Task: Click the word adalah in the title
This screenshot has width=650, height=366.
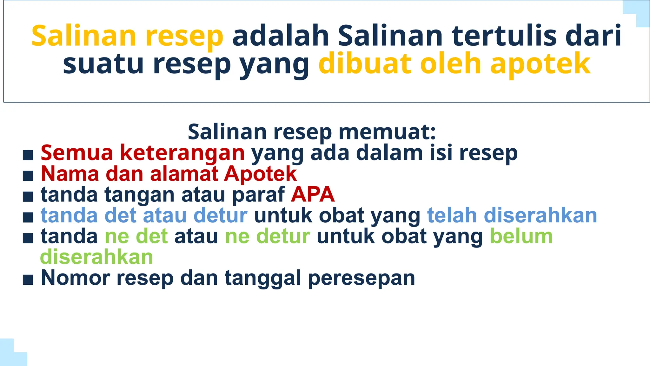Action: (x=281, y=36)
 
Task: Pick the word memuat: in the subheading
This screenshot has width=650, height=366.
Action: (x=387, y=132)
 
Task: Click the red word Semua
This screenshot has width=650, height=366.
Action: (x=77, y=153)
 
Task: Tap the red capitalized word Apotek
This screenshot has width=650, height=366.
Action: (x=260, y=174)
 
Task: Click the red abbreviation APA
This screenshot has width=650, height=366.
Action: (x=313, y=194)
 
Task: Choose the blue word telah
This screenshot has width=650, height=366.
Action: (x=452, y=215)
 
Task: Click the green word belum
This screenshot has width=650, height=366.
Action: (x=521, y=236)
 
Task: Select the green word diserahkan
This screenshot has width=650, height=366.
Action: (x=96, y=257)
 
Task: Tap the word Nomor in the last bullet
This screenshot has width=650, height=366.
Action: (x=76, y=278)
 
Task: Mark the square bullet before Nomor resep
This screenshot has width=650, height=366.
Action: (x=28, y=280)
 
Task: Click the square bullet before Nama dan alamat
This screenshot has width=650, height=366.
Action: (x=28, y=176)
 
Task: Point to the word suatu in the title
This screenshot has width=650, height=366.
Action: (x=103, y=64)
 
